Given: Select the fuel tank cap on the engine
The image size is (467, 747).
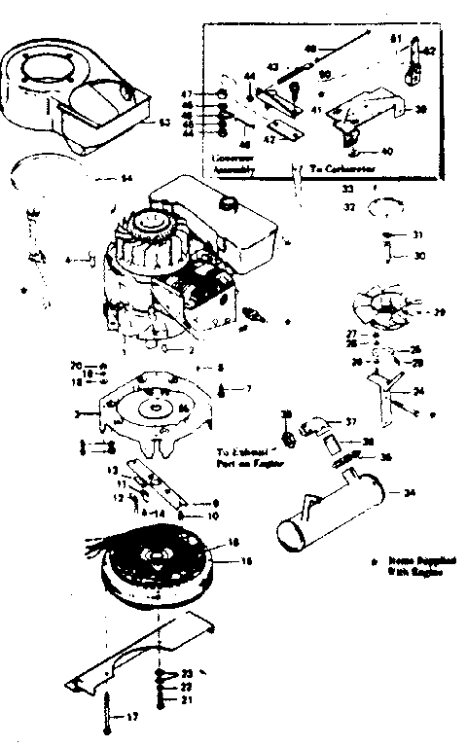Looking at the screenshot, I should (x=230, y=206).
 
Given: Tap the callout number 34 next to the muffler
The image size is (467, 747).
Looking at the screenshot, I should (x=408, y=493).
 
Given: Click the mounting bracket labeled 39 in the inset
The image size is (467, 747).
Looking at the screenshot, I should (x=375, y=109).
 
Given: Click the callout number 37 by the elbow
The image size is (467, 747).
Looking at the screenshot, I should (x=351, y=422).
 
